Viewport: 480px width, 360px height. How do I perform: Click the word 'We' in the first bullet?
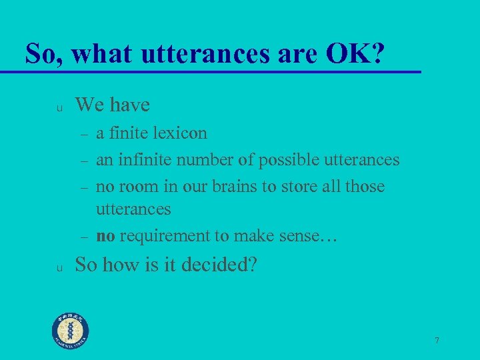[x=89, y=105]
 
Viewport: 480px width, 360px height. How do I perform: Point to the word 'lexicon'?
[x=180, y=133]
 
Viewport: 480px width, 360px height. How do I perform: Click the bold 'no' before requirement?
[x=105, y=235]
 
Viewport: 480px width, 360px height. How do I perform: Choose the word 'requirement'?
[x=163, y=235]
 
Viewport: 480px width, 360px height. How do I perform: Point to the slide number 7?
[x=437, y=341]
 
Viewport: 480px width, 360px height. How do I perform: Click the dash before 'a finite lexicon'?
[x=85, y=135]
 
